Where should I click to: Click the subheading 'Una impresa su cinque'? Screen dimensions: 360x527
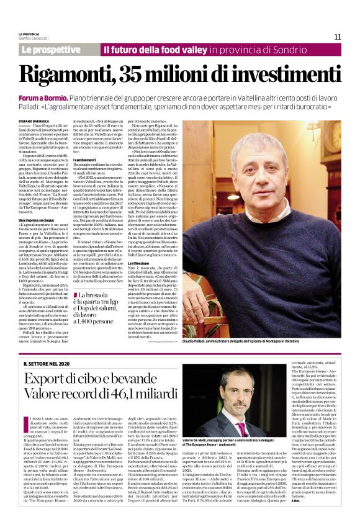pos(37,219)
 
